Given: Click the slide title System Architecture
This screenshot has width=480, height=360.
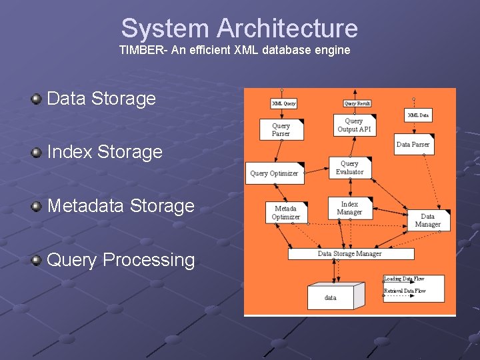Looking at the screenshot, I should [239, 29].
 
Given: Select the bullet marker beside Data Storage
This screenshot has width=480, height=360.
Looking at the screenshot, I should [36, 99].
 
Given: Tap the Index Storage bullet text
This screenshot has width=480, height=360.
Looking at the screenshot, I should [105, 152].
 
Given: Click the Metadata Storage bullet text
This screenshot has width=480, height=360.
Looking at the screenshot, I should [121, 206].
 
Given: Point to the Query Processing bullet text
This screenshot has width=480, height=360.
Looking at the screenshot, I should [121, 260].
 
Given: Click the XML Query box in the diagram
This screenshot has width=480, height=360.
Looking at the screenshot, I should [284, 103].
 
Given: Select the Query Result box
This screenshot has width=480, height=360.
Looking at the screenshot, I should [357, 103].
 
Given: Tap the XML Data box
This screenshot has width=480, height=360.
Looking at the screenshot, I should [418, 115].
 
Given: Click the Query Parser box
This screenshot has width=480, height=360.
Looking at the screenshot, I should [281, 129].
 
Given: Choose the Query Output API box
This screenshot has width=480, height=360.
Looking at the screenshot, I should [353, 125].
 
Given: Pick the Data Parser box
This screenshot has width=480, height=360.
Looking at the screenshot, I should [413, 145].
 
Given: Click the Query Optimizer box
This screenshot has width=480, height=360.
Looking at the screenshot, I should [275, 173].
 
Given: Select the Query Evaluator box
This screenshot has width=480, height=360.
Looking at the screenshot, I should [350, 168].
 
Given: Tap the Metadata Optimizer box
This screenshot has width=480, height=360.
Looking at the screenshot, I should [285, 213].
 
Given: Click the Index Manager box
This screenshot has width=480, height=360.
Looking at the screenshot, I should [349, 209].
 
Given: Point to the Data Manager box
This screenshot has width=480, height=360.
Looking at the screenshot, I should [427, 220].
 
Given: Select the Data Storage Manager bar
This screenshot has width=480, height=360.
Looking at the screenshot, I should [350, 254].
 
